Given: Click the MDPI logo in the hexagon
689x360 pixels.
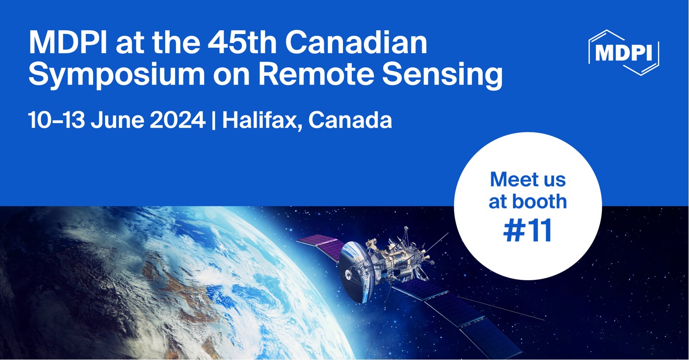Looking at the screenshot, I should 624,53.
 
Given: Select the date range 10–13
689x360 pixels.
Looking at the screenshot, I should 56,120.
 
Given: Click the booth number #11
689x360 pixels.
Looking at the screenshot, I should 528,230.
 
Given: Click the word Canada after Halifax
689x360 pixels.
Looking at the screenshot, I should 350,120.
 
